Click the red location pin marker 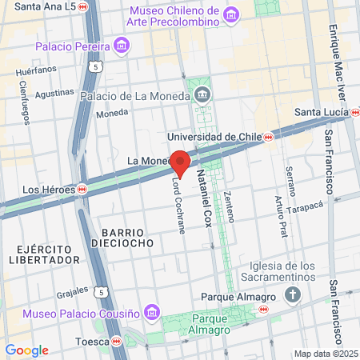pyautogui.click(x=181, y=162)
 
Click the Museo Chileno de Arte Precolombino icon pyautogui.click(x=231, y=15)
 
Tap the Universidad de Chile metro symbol pyautogui.click(x=269, y=137)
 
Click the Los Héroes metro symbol pyautogui.click(x=82, y=190)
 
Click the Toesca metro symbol pyautogui.click(x=118, y=342)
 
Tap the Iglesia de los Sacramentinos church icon pyautogui.click(x=293, y=294)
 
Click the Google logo pyautogui.click(x=26, y=350)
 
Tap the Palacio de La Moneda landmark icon pyautogui.click(x=202, y=96)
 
